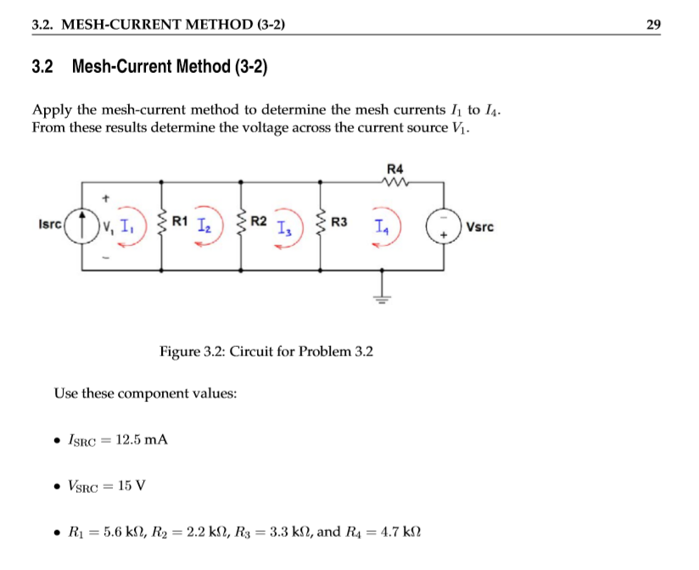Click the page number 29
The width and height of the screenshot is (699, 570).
pyautogui.click(x=653, y=24)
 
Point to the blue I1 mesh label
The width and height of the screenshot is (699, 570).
pyautogui.click(x=126, y=226)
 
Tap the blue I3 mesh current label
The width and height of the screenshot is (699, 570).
pyautogui.click(x=284, y=229)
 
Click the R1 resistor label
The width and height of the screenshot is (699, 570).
pyautogui.click(x=179, y=222)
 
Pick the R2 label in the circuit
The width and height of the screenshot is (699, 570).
pyautogui.click(x=259, y=222)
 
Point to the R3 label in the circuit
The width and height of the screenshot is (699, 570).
pyautogui.click(x=339, y=222)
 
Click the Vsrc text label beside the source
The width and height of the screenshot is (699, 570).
pyautogui.click(x=478, y=227)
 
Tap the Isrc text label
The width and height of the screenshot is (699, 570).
pyautogui.click(x=50, y=225)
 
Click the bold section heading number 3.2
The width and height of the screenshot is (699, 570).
pyautogui.click(x=43, y=66)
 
